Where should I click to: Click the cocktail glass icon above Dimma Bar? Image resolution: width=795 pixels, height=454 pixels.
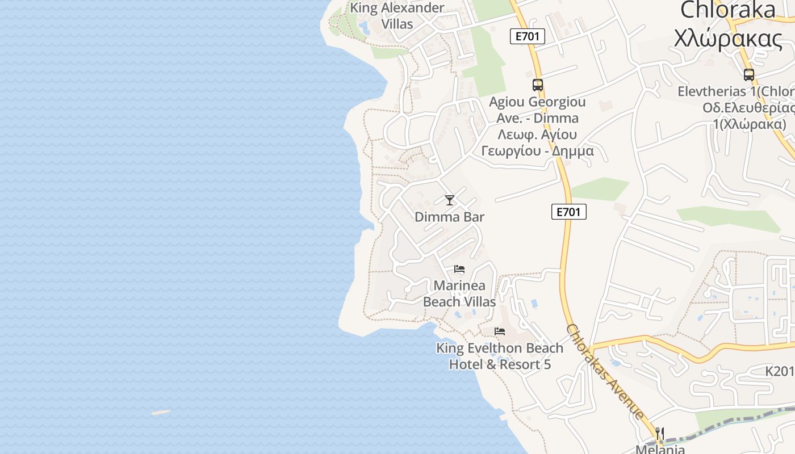(450, 200)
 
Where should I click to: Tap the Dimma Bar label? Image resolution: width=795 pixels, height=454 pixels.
(449, 217)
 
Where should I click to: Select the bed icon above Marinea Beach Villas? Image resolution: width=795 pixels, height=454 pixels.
(459, 269)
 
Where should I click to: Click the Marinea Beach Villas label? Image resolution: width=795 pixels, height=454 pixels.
(459, 293)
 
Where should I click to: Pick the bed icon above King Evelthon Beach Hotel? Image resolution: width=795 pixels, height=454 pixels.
(500, 331)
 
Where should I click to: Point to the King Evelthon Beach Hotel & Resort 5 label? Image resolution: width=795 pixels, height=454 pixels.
(500, 356)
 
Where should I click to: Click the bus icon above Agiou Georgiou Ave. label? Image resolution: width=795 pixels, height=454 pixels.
(537, 85)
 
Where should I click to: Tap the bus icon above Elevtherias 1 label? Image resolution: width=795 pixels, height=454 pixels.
(748, 74)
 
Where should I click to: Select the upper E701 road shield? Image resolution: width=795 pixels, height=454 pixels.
(527, 37)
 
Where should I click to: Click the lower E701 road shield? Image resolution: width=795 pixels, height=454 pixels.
(568, 212)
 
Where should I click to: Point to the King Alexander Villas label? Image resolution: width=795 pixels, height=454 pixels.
(397, 16)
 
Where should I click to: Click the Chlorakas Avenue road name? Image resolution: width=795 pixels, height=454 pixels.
(604, 371)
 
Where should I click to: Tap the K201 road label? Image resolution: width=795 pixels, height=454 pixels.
(779, 371)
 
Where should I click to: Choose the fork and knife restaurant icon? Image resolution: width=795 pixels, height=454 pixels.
(659, 434)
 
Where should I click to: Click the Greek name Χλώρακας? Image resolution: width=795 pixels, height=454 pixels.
(727, 39)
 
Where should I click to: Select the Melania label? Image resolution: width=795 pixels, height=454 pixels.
(660, 449)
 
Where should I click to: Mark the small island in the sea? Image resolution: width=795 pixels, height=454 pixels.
(161, 413)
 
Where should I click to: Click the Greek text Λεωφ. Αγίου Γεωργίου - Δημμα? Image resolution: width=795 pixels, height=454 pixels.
(537, 143)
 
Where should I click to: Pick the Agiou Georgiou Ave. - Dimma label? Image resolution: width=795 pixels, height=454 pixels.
(537, 110)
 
